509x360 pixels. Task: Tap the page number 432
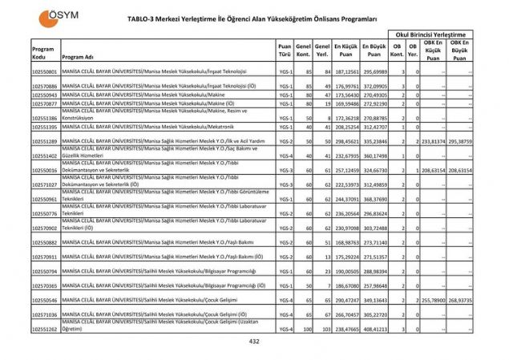[x=254, y=342]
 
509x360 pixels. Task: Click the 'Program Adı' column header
[x=79, y=58]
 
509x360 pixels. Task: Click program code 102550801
[x=44, y=72]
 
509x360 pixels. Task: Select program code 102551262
[x=44, y=330]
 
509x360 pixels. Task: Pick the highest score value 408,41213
[x=374, y=330]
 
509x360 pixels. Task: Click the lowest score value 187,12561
[x=346, y=72]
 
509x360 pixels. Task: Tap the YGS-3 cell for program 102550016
[x=285, y=171]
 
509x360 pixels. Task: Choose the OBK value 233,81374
[x=434, y=141]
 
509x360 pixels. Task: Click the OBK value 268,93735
[x=460, y=300]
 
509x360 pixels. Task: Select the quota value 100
[x=305, y=330]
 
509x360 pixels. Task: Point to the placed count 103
[x=325, y=330]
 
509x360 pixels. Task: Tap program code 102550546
[x=44, y=300]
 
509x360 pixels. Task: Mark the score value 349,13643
[x=374, y=300]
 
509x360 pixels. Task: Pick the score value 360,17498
[x=374, y=156]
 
